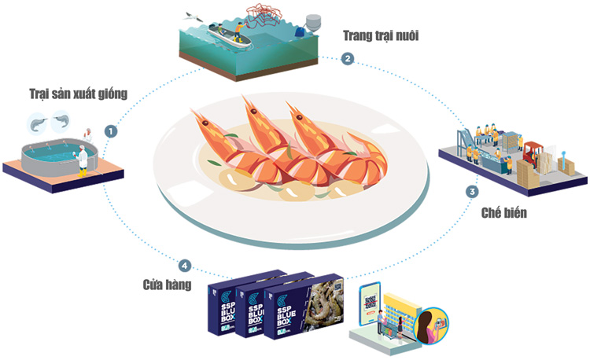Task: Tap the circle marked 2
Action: click(x=346, y=58)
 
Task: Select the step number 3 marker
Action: click(x=472, y=191)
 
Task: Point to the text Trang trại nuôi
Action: click(x=380, y=35)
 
